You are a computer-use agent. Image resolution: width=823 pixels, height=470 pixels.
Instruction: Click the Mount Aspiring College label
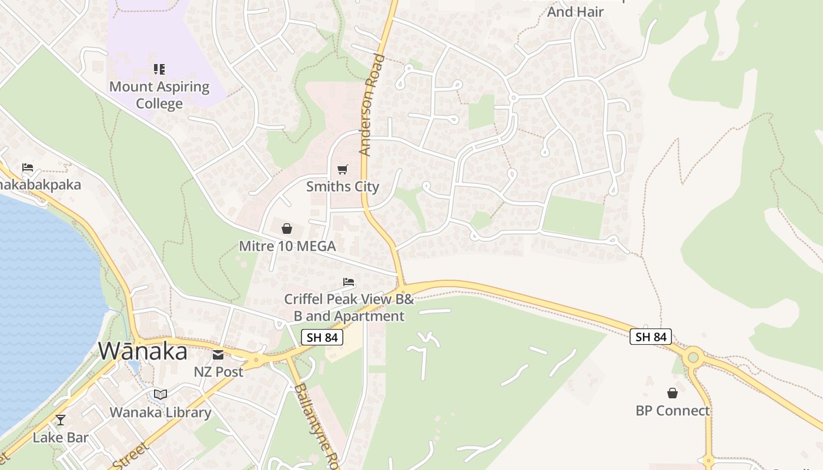pyautogui.click(x=159, y=95)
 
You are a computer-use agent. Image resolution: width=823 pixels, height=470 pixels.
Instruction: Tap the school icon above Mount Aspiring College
pyautogui.click(x=159, y=69)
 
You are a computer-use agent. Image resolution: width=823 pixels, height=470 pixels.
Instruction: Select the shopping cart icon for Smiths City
pyautogui.click(x=343, y=169)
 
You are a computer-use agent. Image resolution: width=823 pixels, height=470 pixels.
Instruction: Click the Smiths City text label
pyautogui.click(x=343, y=187)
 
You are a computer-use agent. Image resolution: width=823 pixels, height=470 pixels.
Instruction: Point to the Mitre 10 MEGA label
pyautogui.click(x=287, y=246)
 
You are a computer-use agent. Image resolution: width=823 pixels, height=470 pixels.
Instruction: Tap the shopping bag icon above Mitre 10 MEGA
pyautogui.click(x=287, y=229)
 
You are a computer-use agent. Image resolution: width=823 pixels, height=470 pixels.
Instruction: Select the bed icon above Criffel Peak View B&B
pyautogui.click(x=349, y=282)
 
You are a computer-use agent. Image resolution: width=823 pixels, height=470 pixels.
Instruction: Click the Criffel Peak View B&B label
pyautogui.click(x=349, y=307)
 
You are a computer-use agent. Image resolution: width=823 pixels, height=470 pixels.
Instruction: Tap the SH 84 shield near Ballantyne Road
pyautogui.click(x=322, y=337)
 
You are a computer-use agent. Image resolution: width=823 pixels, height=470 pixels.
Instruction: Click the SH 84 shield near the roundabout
pyautogui.click(x=650, y=337)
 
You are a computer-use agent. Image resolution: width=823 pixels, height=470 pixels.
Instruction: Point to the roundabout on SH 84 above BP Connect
pyautogui.click(x=693, y=356)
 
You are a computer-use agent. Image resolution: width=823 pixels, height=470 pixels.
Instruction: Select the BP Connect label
pyautogui.click(x=673, y=411)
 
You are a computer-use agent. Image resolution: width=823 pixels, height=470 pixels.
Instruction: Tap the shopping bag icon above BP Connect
pyautogui.click(x=673, y=393)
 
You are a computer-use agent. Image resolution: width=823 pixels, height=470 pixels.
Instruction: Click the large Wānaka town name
pyautogui.click(x=143, y=351)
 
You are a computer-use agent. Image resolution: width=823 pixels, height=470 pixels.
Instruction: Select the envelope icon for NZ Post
pyautogui.click(x=218, y=354)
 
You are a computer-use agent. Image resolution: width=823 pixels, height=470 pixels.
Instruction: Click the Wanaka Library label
pyautogui.click(x=160, y=412)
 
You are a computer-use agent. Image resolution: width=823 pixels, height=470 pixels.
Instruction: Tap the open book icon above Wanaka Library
pyautogui.click(x=160, y=394)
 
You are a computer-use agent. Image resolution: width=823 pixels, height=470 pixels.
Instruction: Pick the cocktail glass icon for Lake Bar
pyautogui.click(x=60, y=420)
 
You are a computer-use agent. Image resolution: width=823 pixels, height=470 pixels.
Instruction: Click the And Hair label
pyautogui.click(x=576, y=11)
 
